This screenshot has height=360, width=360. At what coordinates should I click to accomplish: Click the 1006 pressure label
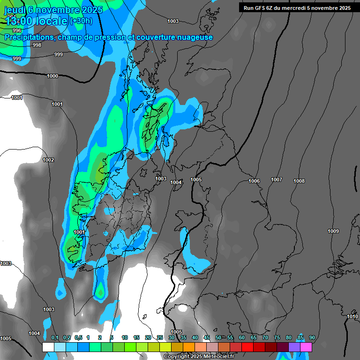(254, 181)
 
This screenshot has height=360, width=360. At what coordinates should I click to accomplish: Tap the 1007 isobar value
(277, 180)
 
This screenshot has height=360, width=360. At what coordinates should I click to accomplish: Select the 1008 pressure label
(299, 181)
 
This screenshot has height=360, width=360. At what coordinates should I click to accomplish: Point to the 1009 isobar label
(333, 231)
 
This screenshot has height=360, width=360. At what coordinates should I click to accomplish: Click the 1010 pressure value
(352, 317)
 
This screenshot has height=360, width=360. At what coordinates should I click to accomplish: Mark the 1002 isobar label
(48, 160)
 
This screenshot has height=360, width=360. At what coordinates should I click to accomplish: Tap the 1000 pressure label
(52, 76)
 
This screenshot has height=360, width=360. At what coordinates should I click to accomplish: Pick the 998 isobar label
(37, 45)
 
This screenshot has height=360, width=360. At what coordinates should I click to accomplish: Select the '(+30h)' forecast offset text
(81, 21)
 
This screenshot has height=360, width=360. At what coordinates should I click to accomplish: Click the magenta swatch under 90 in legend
(306, 347)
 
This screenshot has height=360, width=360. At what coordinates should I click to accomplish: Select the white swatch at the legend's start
(48, 347)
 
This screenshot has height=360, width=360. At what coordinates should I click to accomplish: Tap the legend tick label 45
(207, 337)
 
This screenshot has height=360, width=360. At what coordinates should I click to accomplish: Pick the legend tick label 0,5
(78, 337)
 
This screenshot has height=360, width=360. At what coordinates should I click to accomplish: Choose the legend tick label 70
(265, 337)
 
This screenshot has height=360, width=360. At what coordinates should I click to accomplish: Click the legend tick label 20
(148, 337)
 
